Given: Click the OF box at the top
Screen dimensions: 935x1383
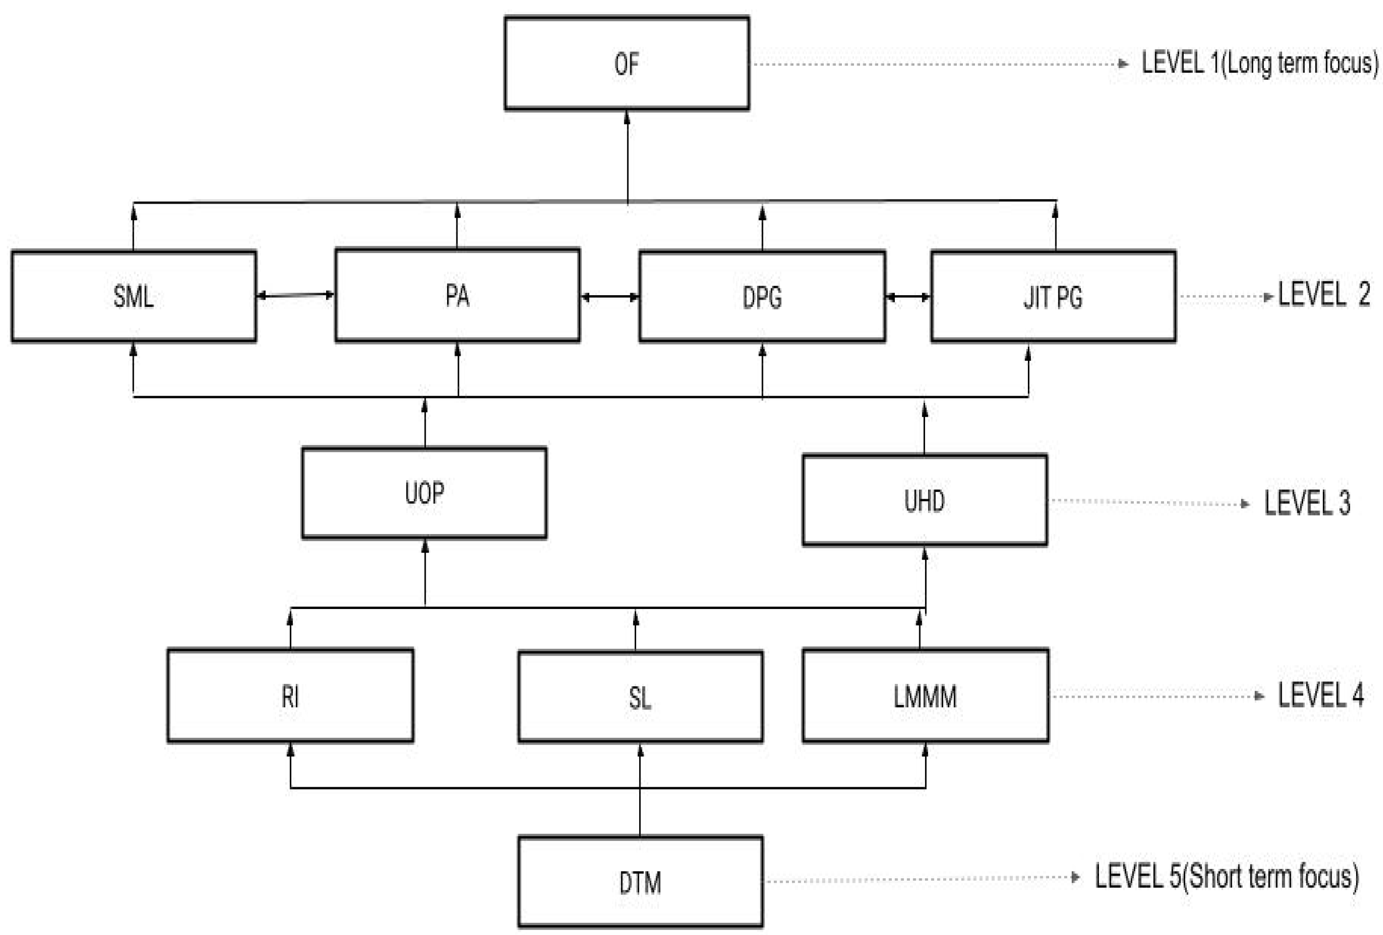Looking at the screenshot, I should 627,64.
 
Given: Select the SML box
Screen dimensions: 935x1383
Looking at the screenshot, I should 133,296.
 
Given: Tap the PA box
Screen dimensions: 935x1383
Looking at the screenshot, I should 457,296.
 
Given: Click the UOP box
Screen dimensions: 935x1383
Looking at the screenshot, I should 424,493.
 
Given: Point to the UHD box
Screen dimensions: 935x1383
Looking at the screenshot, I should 924,500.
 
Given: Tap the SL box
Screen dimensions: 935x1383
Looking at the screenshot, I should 640,697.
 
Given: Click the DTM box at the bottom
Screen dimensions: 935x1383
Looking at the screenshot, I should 640,882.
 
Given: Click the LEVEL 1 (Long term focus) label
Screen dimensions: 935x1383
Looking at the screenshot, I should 1259,63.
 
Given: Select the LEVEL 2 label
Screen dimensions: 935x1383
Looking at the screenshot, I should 1323,294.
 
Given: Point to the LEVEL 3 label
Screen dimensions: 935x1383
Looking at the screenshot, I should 1307,503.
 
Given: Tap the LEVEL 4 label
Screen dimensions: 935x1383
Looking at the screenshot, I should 1320,695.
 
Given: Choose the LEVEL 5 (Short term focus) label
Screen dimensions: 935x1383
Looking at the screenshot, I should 1226,877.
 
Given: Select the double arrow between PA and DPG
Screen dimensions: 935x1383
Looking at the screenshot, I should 609,297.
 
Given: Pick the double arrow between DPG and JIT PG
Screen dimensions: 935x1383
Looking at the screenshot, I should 908,297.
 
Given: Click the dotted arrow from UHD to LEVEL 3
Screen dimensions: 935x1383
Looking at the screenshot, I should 1148,503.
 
